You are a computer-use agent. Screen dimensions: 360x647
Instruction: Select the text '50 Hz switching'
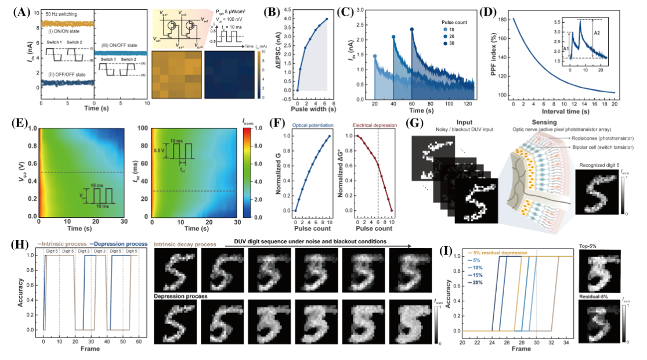coord(61,12)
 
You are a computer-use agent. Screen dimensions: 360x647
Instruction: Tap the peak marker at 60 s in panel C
coord(412,30)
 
